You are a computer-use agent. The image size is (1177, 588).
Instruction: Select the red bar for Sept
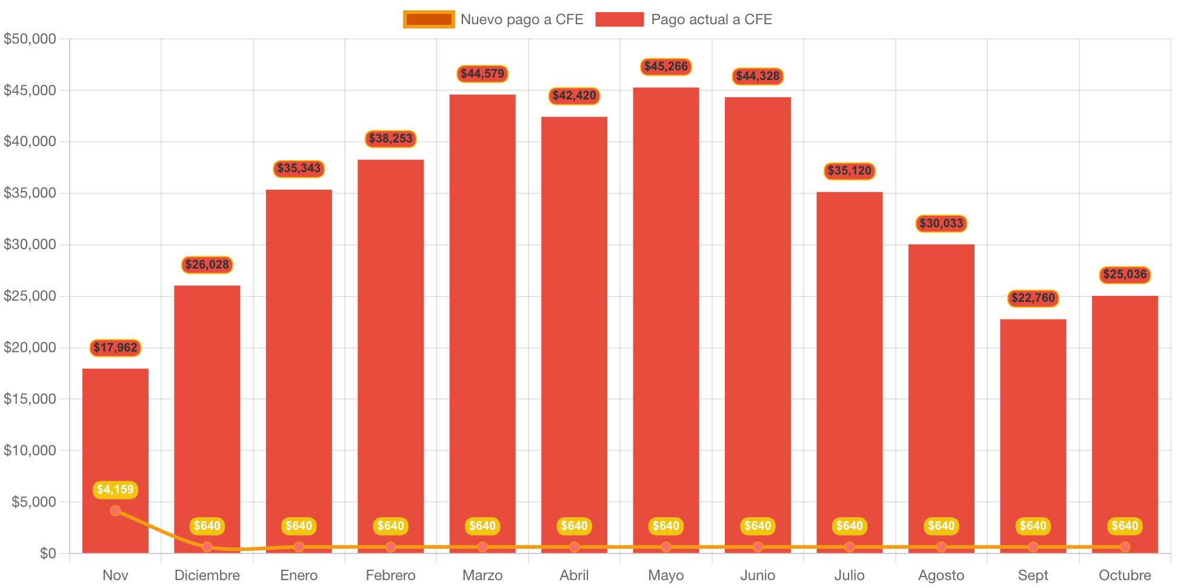pyautogui.click(x=1033, y=424)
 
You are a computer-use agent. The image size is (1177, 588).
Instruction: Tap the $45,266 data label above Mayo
pyautogui.click(x=666, y=67)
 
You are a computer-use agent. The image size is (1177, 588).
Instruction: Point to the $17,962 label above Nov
pyautogui.click(x=115, y=348)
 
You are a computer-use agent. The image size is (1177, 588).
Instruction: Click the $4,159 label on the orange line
pyautogui.click(x=115, y=490)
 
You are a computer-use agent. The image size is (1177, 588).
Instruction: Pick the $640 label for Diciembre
pyautogui.click(x=207, y=526)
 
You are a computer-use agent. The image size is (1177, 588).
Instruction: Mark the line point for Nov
pyautogui.click(x=115, y=511)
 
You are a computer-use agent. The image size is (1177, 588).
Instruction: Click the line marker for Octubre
pyautogui.click(x=1125, y=547)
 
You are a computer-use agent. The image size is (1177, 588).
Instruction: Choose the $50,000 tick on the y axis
pyautogui.click(x=30, y=39)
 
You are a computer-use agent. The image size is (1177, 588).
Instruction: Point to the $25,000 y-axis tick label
pyautogui.click(x=30, y=296)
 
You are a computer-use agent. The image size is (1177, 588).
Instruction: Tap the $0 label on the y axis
pyautogui.click(x=48, y=553)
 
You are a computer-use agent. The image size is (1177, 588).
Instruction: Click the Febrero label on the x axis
pyautogui.click(x=391, y=575)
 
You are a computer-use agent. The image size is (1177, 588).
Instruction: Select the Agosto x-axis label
pyautogui.click(x=941, y=575)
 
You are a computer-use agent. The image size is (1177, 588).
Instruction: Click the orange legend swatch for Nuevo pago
pyautogui.click(x=428, y=19)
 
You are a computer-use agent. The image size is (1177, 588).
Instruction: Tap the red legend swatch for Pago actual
pyautogui.click(x=619, y=19)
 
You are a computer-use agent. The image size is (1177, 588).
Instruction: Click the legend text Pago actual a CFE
pyautogui.click(x=712, y=19)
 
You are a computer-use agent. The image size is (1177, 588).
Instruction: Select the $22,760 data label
pyautogui.click(x=1033, y=298)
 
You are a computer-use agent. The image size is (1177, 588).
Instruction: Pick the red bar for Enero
pyautogui.click(x=299, y=364)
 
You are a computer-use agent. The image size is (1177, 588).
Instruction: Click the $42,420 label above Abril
pyautogui.click(x=574, y=96)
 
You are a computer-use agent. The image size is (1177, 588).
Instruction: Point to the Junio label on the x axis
pyautogui.click(x=758, y=575)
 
